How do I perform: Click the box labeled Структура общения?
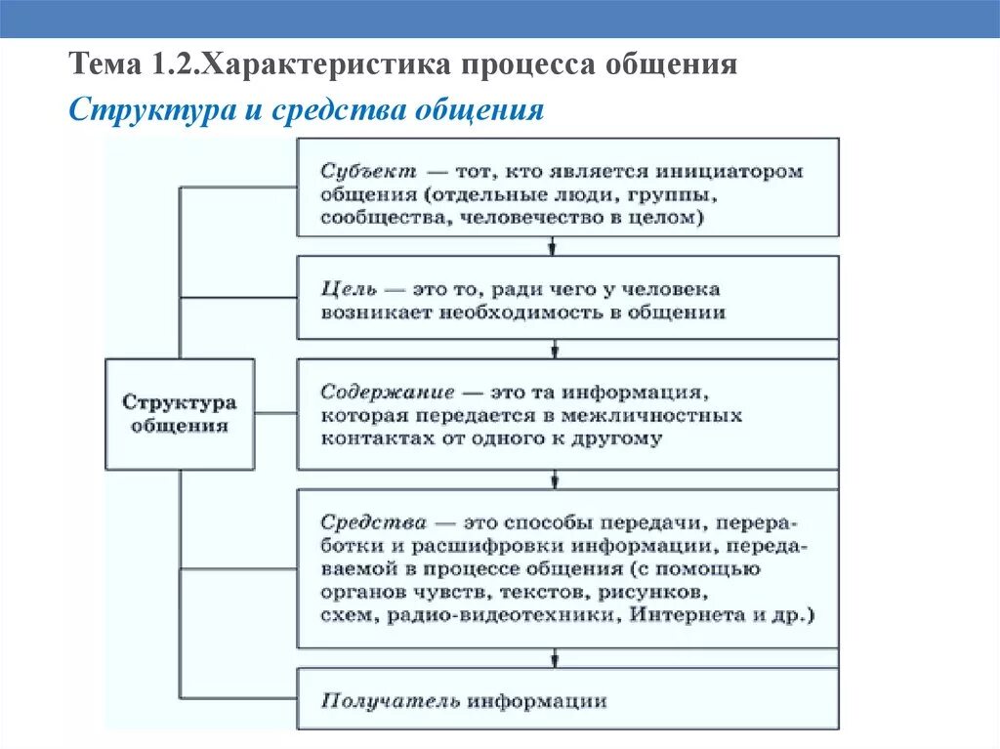click(180, 414)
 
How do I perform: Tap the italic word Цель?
click(348, 290)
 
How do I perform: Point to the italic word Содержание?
click(388, 392)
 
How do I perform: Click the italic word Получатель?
click(390, 700)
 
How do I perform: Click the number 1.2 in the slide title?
click(173, 66)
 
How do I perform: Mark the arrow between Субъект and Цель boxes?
click(556, 248)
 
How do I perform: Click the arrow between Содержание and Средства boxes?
click(556, 480)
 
